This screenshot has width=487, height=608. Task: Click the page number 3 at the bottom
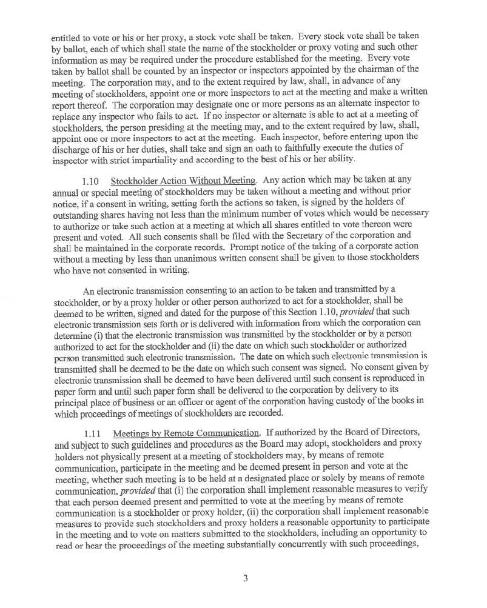click(245, 578)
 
